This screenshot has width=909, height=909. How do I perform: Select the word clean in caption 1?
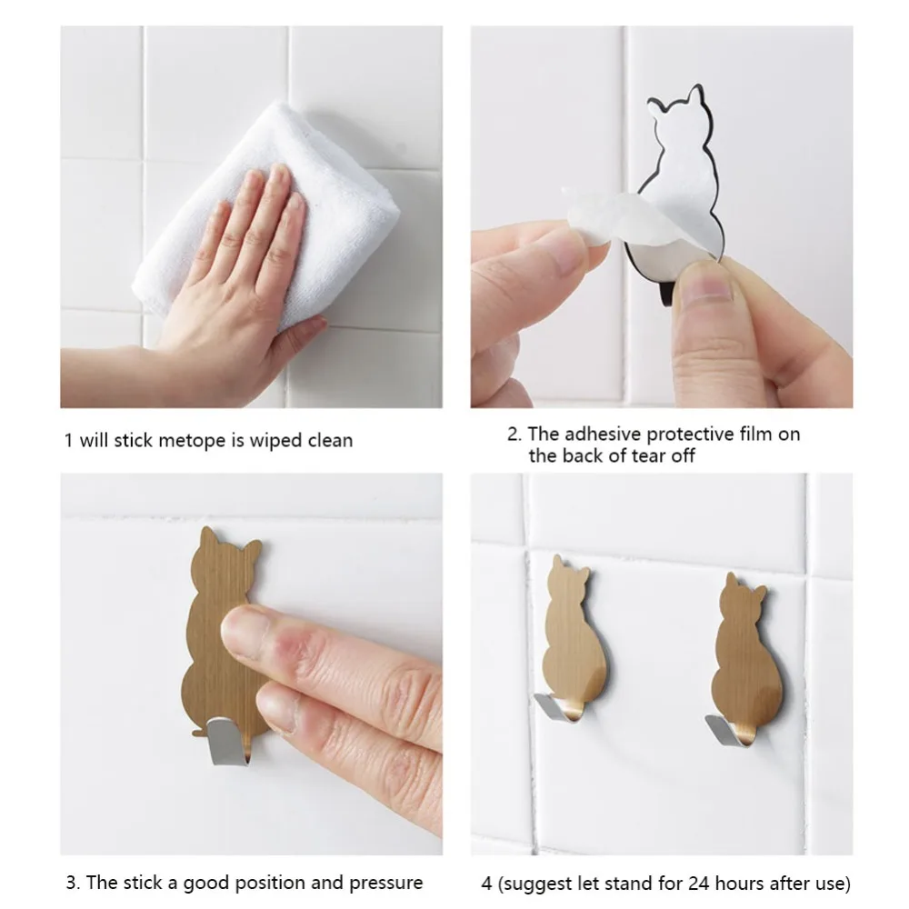[x=330, y=441]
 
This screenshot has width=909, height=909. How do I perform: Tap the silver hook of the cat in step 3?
[x=228, y=742]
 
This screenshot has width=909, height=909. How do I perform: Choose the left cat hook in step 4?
[x=571, y=638]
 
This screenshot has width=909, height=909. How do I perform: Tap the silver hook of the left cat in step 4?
[x=557, y=707]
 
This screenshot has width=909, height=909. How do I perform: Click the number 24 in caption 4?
[x=699, y=884]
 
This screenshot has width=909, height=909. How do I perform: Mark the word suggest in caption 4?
[x=536, y=884]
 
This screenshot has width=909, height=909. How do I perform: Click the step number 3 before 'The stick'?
[x=72, y=884]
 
